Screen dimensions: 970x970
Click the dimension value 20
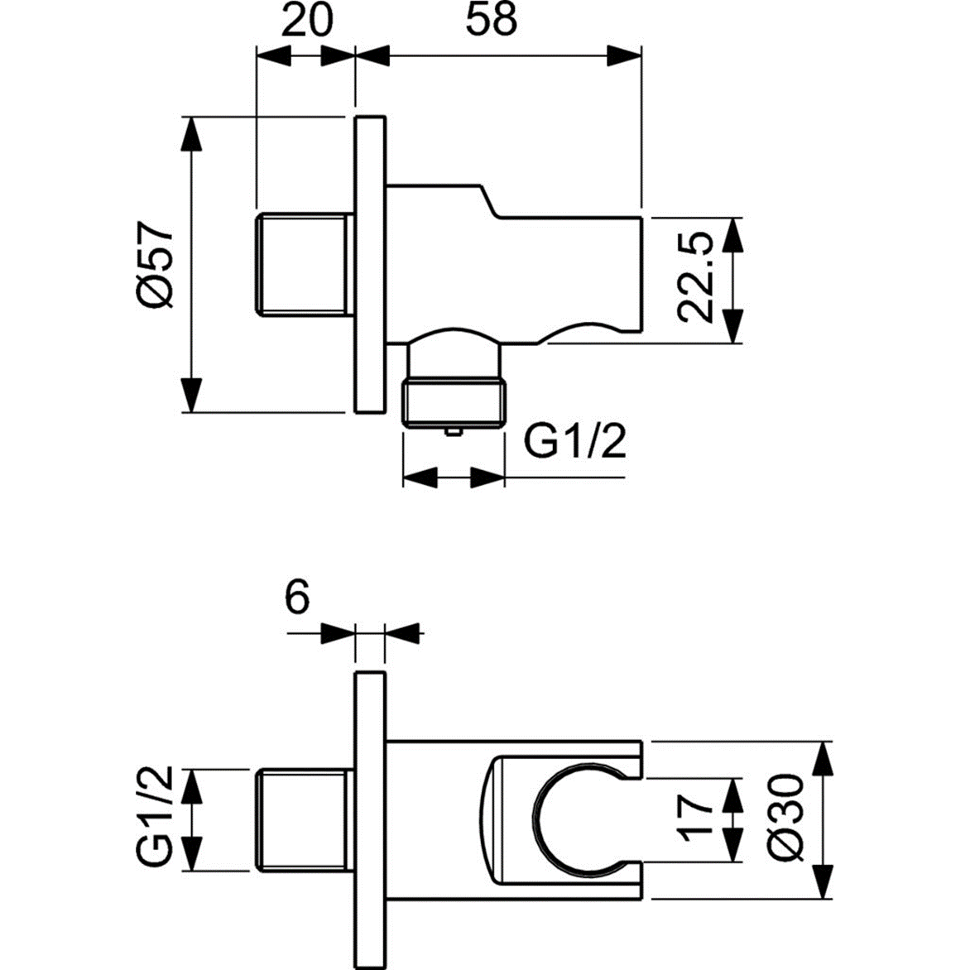(x=306, y=20)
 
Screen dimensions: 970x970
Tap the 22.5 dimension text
(x=694, y=277)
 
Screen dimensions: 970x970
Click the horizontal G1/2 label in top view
(x=576, y=444)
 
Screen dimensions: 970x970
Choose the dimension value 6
(x=296, y=596)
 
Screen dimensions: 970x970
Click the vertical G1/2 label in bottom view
(x=154, y=818)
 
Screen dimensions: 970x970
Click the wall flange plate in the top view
(x=370, y=263)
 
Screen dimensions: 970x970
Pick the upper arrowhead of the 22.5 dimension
(x=732, y=234)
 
